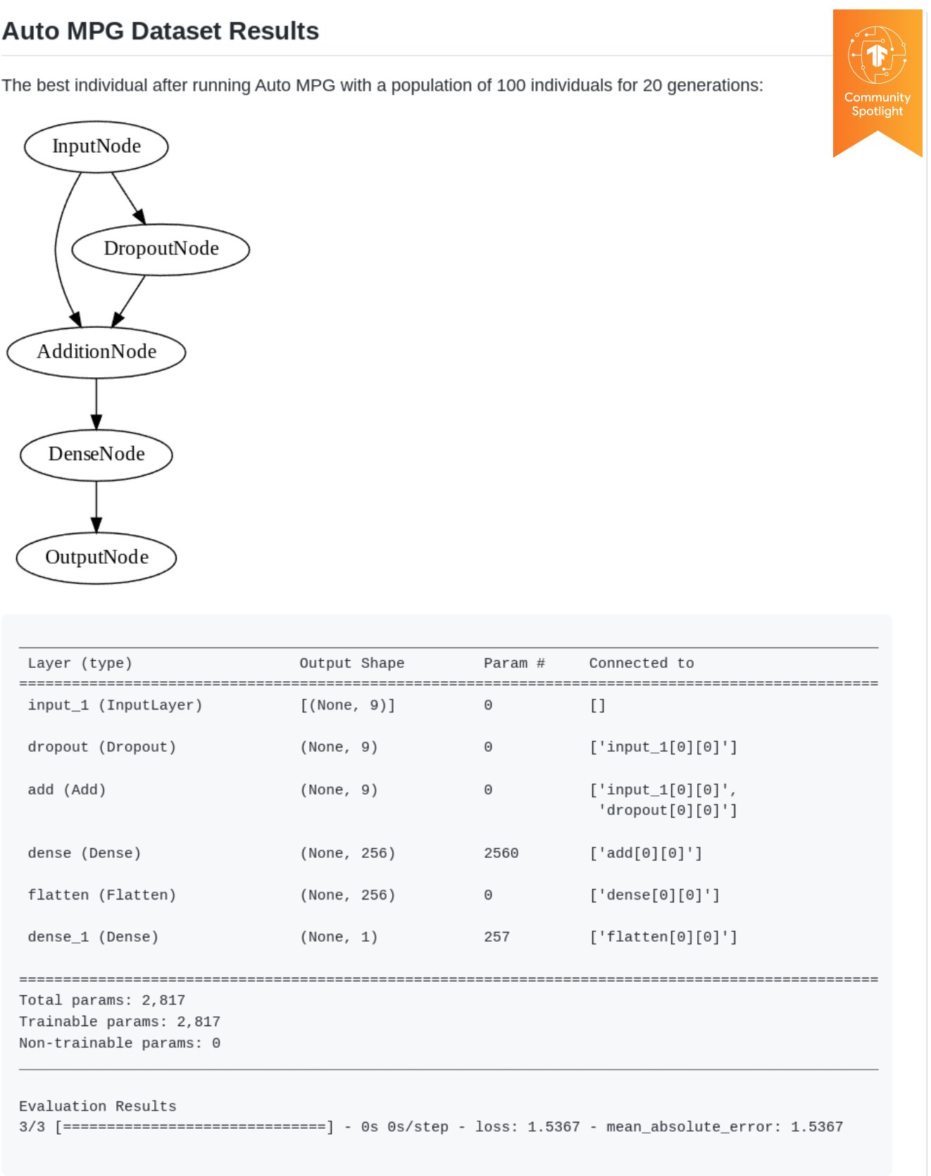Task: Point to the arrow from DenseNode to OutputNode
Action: pyautogui.click(x=96, y=507)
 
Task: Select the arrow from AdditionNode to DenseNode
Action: pyautogui.click(x=96, y=404)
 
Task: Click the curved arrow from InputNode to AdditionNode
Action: pyautogui.click(x=56, y=249)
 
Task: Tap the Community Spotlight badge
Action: pyautogui.click(x=877, y=83)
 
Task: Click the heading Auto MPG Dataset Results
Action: pyautogui.click(x=161, y=31)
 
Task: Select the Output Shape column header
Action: pyautogui.click(x=352, y=663)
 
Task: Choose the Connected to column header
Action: pyautogui.click(x=642, y=663)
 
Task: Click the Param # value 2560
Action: pyautogui.click(x=501, y=853)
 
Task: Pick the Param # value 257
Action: pyautogui.click(x=496, y=937)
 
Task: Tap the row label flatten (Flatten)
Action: pyautogui.click(x=102, y=895)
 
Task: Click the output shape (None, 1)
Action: pyautogui.click(x=339, y=937)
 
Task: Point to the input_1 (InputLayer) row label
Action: pyautogui.click(x=115, y=705)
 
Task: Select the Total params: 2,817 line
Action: pyautogui.click(x=102, y=1000)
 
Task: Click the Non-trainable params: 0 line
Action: pyautogui.click(x=120, y=1043)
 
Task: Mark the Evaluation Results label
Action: pyautogui.click(x=98, y=1106)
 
